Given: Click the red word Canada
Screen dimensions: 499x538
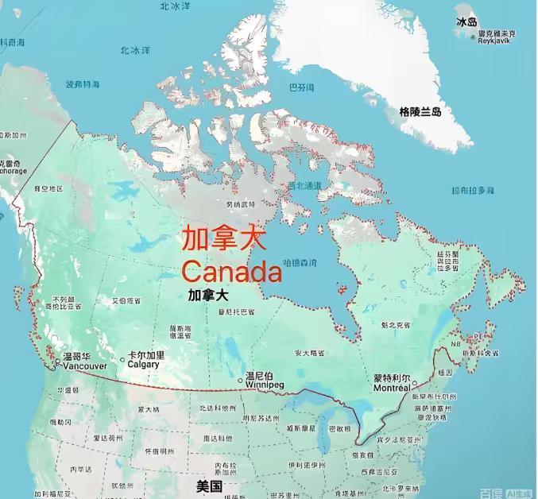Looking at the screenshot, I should (x=232, y=272).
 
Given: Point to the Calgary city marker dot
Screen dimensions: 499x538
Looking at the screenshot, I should (x=122, y=359).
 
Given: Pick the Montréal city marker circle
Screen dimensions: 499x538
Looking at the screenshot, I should (x=413, y=383).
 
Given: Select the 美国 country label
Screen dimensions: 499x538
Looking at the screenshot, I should (x=209, y=485).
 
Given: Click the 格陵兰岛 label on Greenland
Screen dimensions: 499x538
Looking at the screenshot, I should (x=420, y=112).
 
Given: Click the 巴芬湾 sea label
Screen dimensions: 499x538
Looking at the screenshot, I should (x=300, y=87).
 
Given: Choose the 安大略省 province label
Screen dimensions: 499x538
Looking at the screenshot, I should (x=309, y=352).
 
